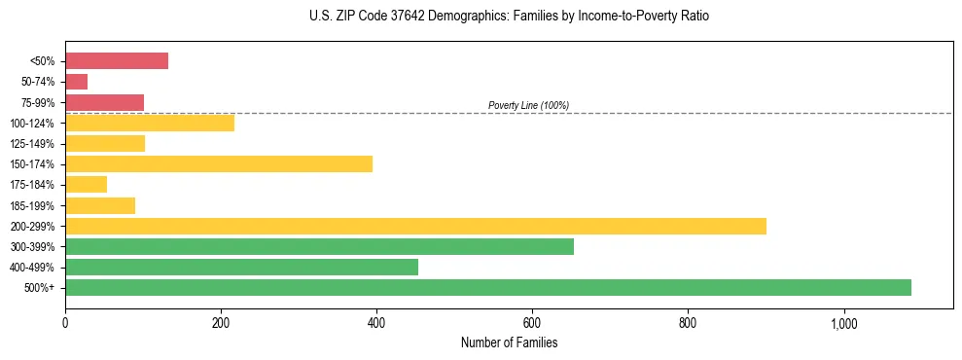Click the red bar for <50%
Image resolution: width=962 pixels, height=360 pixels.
tap(117, 61)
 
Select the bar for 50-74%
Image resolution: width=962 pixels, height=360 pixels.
tap(76, 82)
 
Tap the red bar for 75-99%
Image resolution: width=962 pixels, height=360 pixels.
tap(104, 102)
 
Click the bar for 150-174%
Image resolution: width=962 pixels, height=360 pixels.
tap(219, 163)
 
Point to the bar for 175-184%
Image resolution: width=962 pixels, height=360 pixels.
tap(86, 185)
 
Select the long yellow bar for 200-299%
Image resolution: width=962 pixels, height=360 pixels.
tap(415, 226)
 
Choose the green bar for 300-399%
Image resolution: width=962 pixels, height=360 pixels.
tap(319, 246)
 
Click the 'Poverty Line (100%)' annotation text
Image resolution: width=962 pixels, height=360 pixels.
tap(528, 105)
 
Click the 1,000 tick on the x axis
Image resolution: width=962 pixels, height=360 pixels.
tap(843, 323)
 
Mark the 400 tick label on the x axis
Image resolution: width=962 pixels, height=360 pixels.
tap(376, 323)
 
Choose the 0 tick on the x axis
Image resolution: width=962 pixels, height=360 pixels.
tap(65, 323)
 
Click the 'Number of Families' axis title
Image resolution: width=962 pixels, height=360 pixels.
tap(509, 342)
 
